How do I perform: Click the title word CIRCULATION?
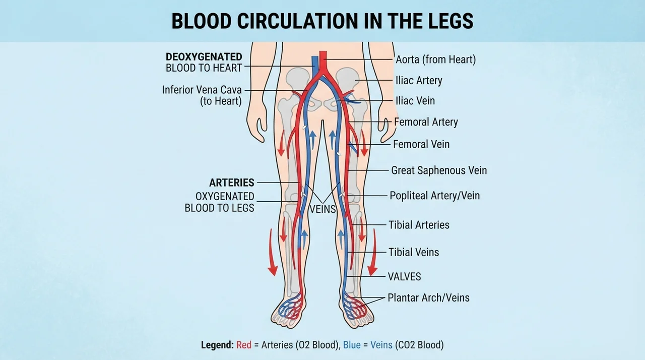click(x=298, y=21)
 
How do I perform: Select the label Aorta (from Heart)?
click(x=436, y=59)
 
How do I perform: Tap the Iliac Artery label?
click(x=419, y=80)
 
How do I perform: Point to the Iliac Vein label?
click(x=415, y=101)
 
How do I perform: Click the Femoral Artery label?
click(x=426, y=122)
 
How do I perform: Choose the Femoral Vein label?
click(x=421, y=144)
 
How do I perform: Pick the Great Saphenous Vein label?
click(x=439, y=170)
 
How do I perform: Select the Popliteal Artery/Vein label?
click(x=434, y=196)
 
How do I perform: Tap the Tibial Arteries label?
click(x=419, y=225)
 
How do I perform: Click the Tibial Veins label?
click(x=414, y=252)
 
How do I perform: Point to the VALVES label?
click(x=404, y=276)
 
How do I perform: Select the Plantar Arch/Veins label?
click(x=428, y=298)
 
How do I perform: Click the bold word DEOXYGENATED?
click(x=204, y=57)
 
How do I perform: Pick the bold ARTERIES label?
click(x=232, y=183)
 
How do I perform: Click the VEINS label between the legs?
click(x=323, y=209)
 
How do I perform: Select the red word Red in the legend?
click(x=244, y=345)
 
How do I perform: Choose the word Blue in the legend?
click(x=352, y=345)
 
